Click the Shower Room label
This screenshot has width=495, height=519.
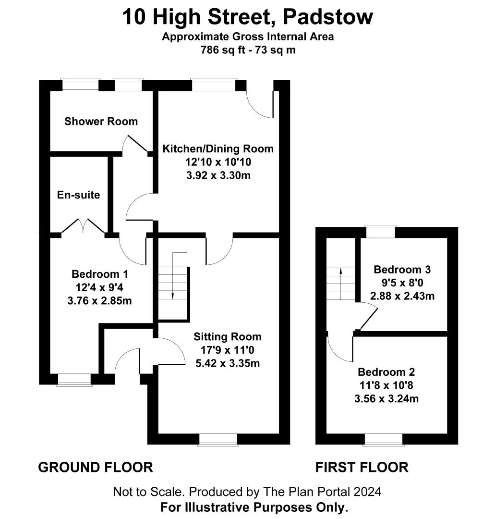[101, 122]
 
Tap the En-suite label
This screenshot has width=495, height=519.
[78, 195]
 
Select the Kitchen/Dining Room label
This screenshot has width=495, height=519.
[218, 148]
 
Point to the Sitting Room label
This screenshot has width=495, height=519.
[228, 336]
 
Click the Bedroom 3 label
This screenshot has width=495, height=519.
[402, 270]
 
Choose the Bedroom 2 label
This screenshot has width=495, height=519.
[386, 372]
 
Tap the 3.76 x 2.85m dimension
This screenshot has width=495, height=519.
[99, 301]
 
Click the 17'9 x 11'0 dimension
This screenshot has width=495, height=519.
[228, 350]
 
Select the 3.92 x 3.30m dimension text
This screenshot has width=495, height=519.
[218, 175]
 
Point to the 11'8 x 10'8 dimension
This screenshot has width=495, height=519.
[386, 385]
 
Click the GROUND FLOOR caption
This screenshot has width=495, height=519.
[96, 468]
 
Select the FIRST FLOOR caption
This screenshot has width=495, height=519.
[362, 468]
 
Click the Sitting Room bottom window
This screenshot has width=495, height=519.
[218, 440]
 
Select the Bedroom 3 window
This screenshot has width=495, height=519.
[381, 231]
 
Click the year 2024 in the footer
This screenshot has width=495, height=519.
[367, 492]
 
